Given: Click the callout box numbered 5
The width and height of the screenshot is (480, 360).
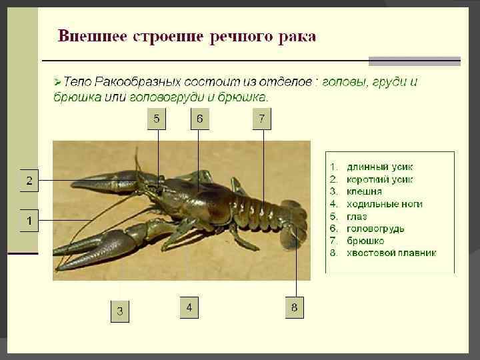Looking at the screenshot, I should (157, 119).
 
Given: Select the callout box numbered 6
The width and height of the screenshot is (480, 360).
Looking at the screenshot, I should (199, 119).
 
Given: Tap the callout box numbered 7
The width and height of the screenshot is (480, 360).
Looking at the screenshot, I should (262, 119).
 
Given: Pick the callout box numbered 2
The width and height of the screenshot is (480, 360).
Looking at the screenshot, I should (29, 181).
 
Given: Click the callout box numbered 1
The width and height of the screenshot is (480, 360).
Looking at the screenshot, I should (29, 219).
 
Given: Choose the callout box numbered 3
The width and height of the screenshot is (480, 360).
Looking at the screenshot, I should (120, 311).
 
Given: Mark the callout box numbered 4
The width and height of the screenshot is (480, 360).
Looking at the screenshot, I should (189, 307).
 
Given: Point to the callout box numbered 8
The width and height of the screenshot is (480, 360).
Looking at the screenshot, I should (294, 307).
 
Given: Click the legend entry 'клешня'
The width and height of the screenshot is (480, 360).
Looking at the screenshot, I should (364, 192).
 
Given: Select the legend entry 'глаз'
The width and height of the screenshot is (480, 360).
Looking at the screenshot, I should (357, 217).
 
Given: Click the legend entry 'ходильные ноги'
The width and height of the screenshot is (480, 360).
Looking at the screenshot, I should (384, 204).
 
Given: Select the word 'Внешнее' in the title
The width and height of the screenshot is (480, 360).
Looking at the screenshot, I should (90, 36).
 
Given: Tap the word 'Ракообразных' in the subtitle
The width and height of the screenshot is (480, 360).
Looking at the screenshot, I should (137, 83).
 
